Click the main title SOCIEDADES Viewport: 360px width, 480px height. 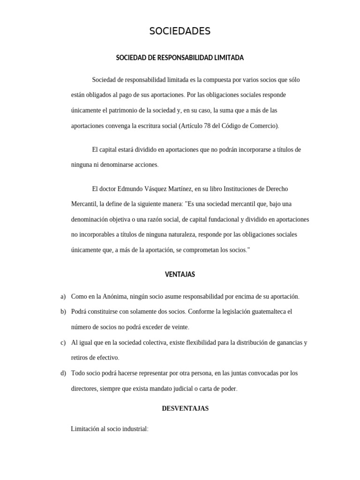pyautogui.click(x=180, y=31)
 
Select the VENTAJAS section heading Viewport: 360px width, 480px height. pyautogui.click(x=180, y=274)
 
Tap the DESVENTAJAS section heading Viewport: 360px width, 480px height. pyautogui.click(x=185, y=408)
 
